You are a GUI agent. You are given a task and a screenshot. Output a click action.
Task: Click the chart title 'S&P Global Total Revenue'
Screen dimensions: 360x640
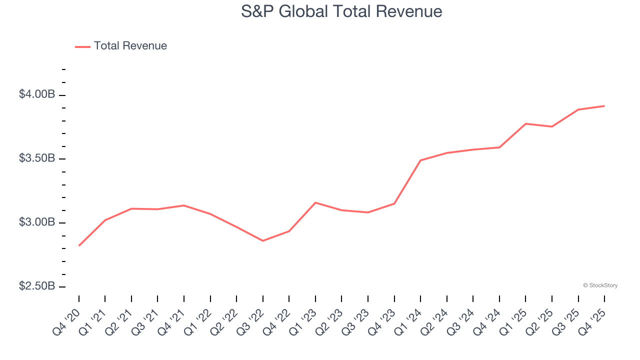click(341, 11)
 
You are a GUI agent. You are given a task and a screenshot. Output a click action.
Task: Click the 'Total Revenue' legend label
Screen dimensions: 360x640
click(130, 46)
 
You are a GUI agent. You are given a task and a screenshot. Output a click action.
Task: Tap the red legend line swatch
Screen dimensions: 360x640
click(82, 46)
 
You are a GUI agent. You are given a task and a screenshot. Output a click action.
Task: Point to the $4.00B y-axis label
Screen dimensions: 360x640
click(37, 94)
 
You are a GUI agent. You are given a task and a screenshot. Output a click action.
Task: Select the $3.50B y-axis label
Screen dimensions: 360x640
click(37, 158)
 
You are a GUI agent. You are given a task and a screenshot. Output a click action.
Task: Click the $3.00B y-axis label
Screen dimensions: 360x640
click(37, 222)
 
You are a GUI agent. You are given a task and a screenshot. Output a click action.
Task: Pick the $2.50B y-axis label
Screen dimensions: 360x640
click(37, 286)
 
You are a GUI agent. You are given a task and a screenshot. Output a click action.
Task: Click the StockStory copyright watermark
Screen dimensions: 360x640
click(600, 285)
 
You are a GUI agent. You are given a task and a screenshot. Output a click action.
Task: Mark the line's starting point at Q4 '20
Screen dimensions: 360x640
click(79, 245)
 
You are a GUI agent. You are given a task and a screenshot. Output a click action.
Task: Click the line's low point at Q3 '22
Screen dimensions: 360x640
click(263, 241)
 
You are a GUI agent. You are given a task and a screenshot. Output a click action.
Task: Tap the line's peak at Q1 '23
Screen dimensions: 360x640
click(315, 202)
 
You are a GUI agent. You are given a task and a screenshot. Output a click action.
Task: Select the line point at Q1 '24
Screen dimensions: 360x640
click(420, 160)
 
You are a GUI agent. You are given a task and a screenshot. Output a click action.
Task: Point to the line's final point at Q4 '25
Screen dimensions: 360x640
click(604, 106)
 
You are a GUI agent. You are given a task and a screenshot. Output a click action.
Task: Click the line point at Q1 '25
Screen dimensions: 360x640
click(525, 123)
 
